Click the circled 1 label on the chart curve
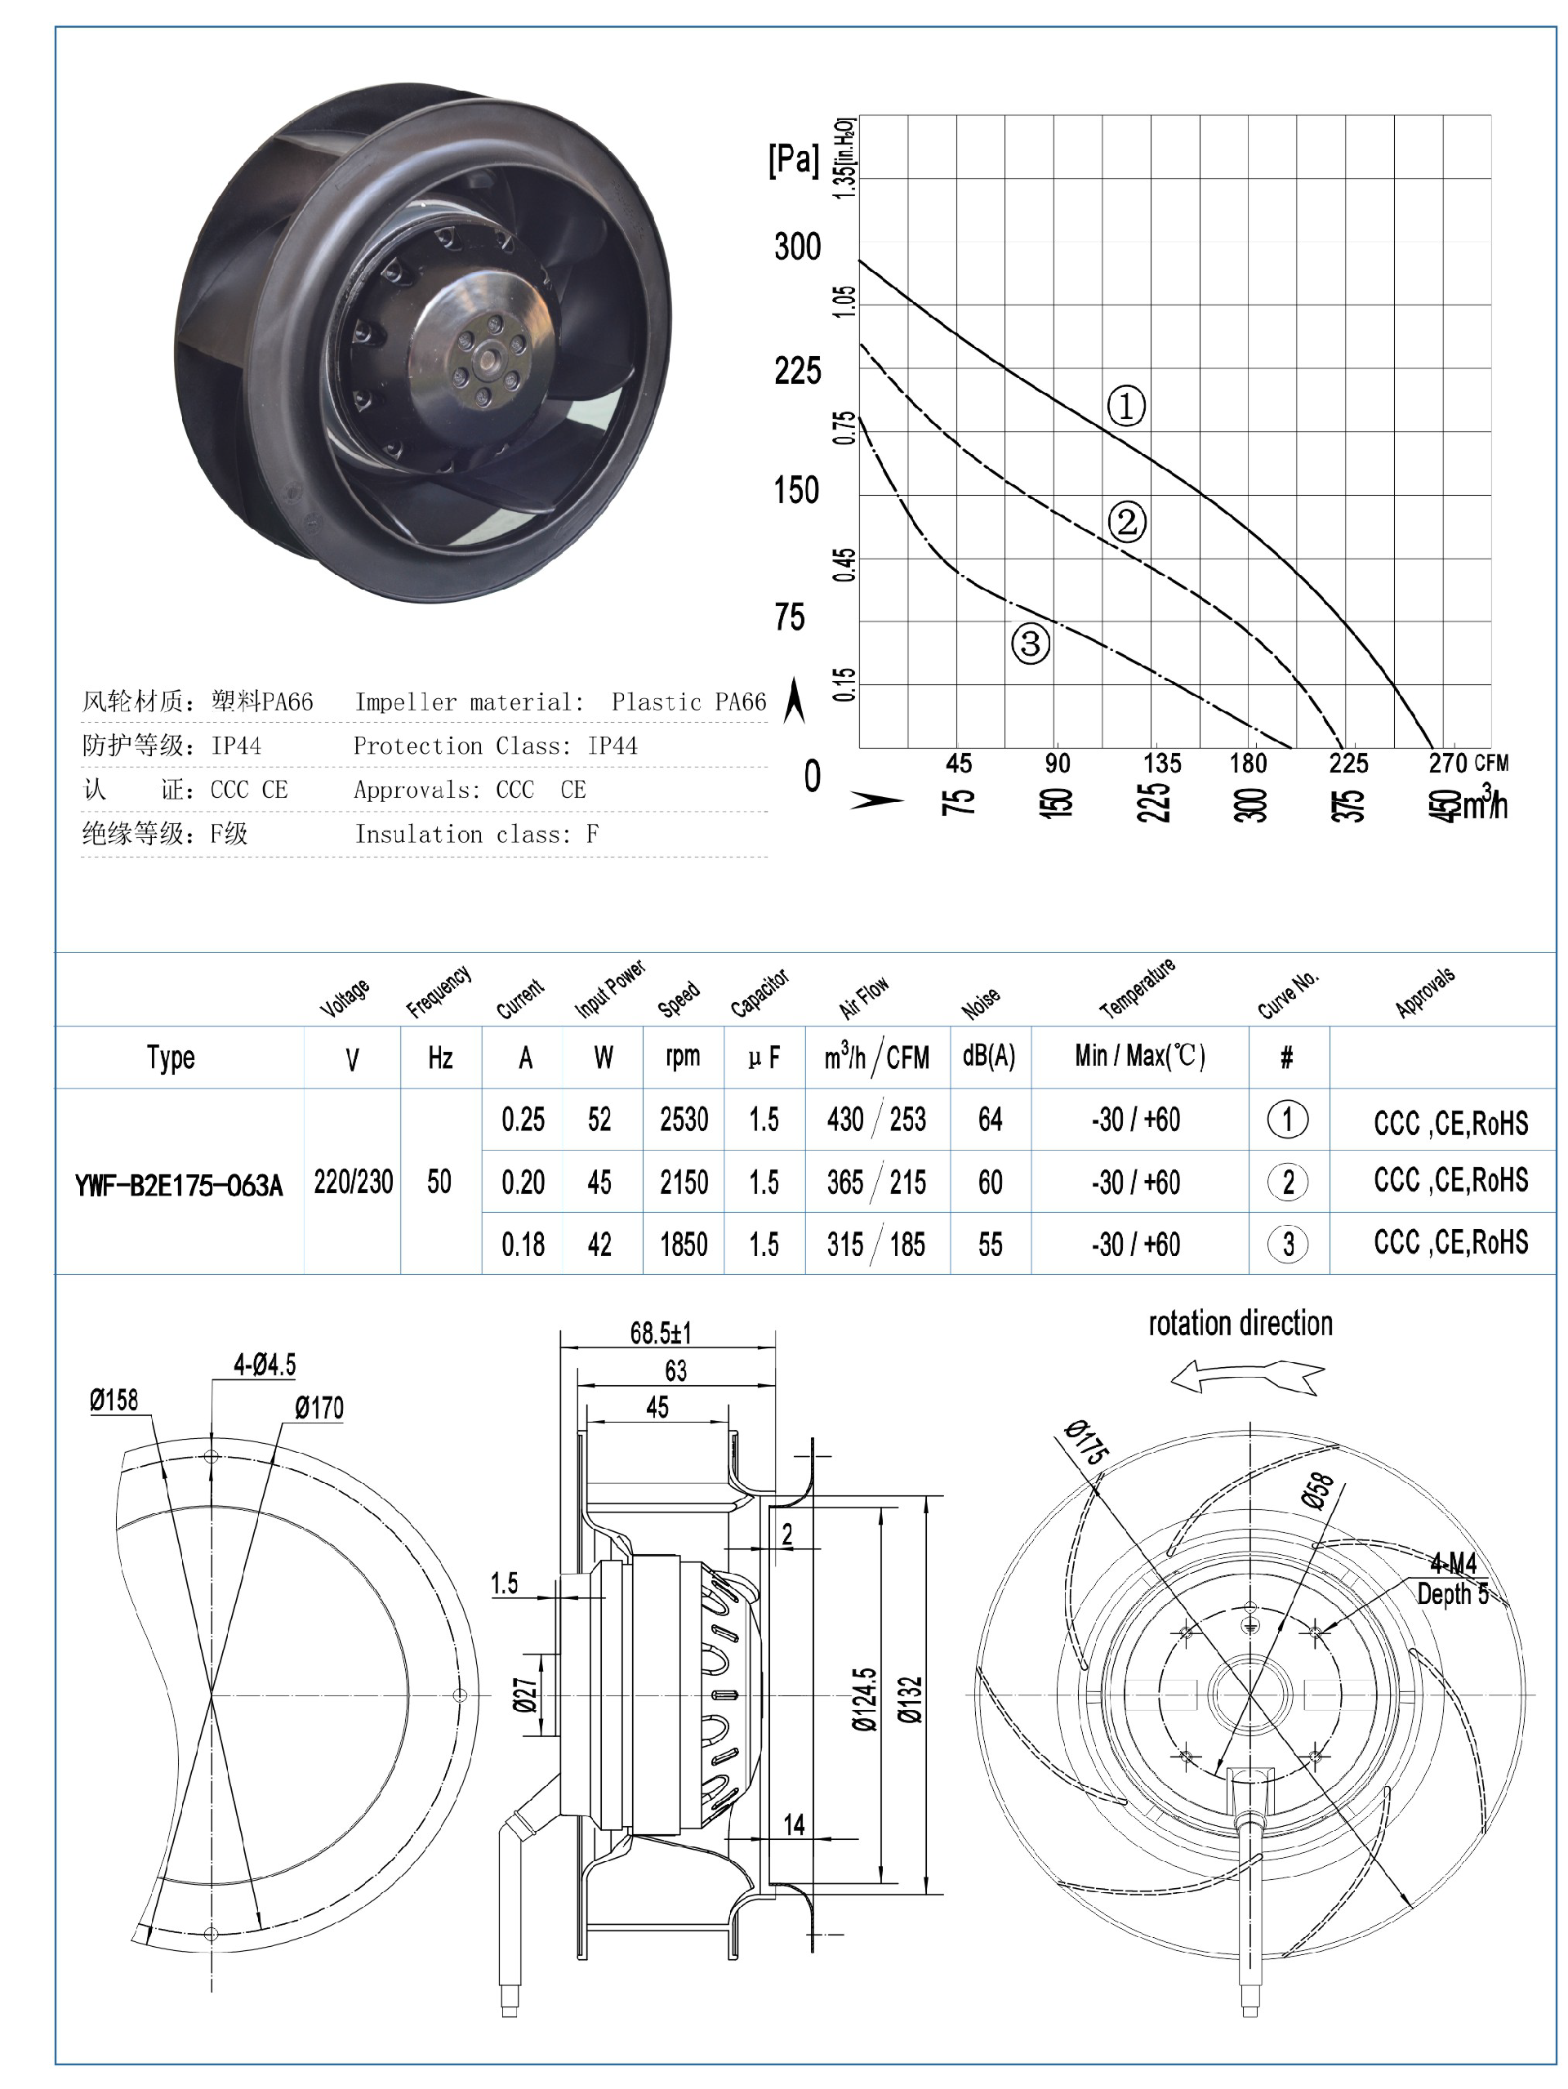pos(1125,406)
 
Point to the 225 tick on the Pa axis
pos(797,370)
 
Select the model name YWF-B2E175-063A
pos(179,1185)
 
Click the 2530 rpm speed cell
pos(683,1119)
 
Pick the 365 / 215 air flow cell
pos(875,1183)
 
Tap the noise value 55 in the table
pos(989,1245)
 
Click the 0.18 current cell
pos(523,1245)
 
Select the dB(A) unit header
pos(988,1056)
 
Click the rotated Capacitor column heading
pos(759,994)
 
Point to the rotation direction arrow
pos(1247,1375)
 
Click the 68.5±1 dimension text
pos(660,1333)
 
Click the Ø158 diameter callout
pos(114,1400)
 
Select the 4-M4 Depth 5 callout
pos(1452,1579)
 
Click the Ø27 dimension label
pos(525,1695)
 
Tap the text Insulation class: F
pos(476,834)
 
